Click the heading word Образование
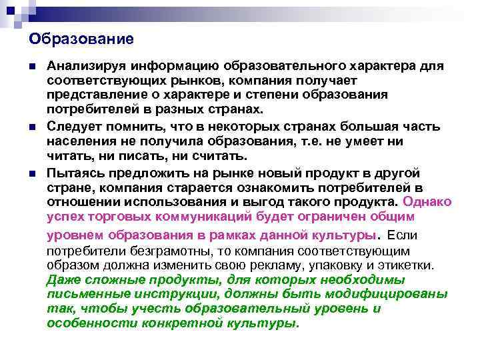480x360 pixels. [81, 39]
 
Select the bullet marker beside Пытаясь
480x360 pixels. [33, 173]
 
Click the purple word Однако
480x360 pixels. [427, 201]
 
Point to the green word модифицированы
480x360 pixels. [391, 293]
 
